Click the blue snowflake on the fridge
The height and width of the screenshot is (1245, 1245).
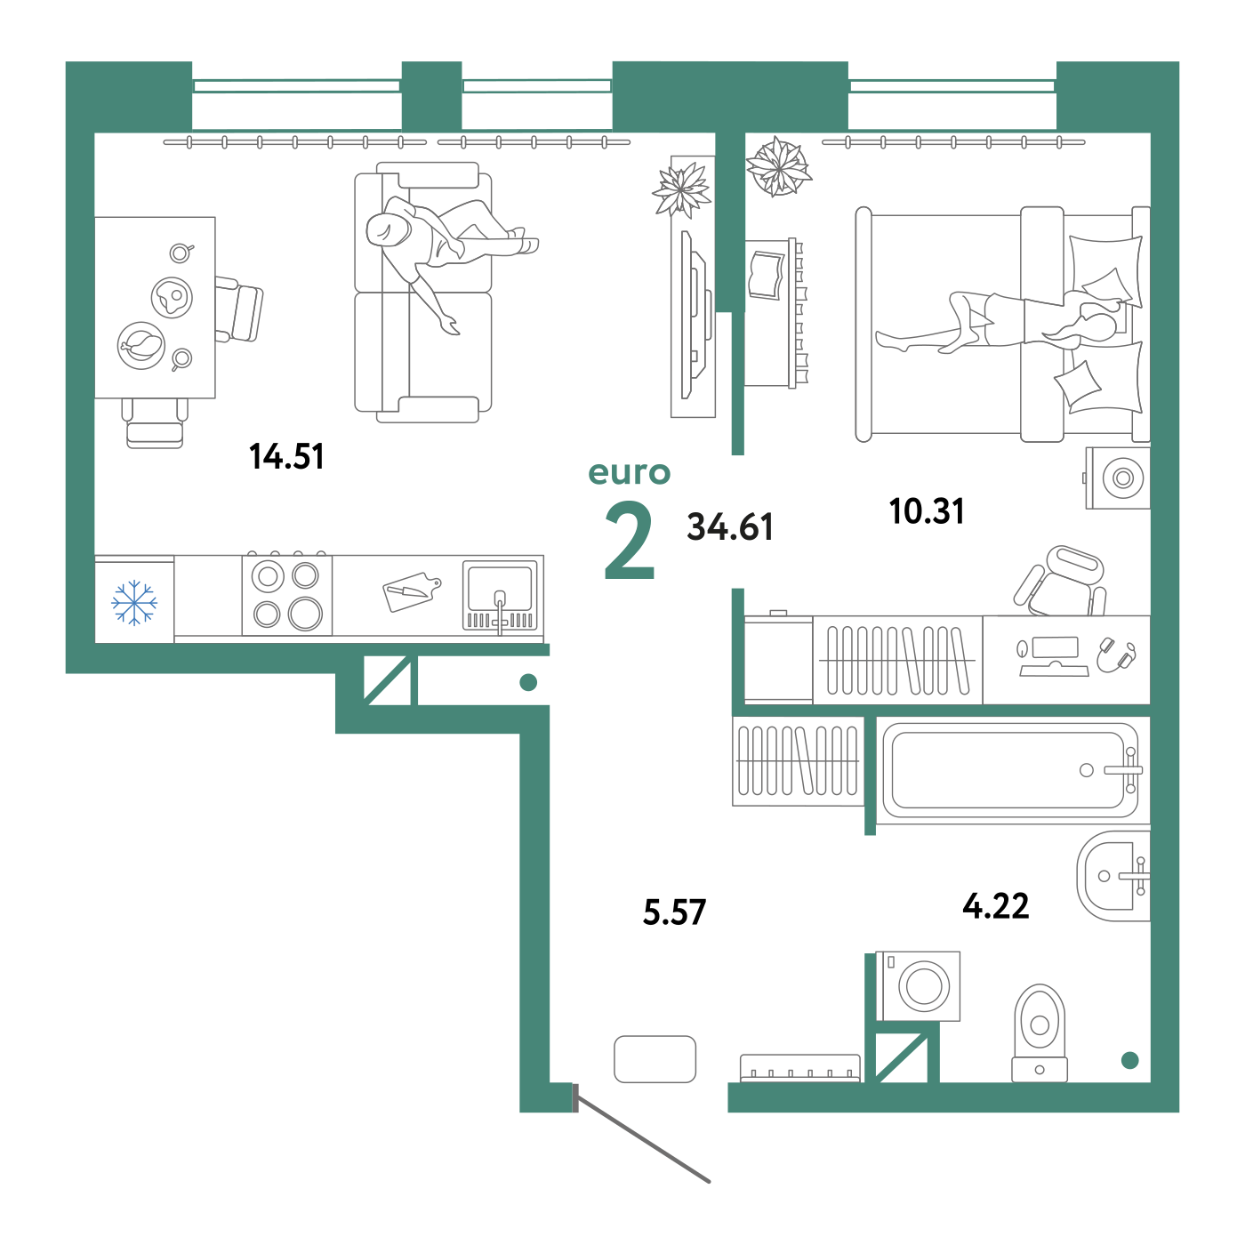point(133,603)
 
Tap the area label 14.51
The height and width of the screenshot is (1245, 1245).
point(286,456)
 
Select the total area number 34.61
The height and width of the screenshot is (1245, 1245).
point(729,526)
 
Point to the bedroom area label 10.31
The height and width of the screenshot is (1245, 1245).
point(927,511)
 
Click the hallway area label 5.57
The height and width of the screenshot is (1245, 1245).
point(674,912)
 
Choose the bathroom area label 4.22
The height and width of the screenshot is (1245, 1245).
point(996,906)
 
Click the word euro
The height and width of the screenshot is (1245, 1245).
point(630,473)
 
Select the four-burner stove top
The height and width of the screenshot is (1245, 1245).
point(287,595)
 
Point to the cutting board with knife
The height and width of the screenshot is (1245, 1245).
point(412,591)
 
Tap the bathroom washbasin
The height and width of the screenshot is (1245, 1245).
point(1113,876)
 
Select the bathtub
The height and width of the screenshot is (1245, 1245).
point(1012,771)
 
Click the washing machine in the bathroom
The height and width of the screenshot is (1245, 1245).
point(918,986)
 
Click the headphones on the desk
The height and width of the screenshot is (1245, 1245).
point(1116,655)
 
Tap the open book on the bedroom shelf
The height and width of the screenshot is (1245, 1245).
point(766,275)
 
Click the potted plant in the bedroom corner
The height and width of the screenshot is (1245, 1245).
point(778,166)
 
